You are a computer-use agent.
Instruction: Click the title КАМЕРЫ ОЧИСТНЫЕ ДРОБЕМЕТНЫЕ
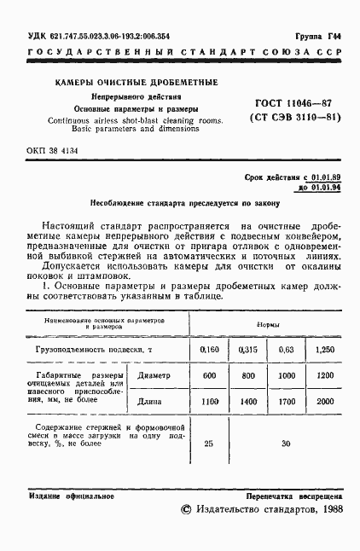point(136,82)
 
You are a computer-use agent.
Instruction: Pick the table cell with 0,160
point(209,350)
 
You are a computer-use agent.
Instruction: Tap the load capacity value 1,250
point(324,350)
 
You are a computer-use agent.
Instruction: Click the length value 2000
point(324,401)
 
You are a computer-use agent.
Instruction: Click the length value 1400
point(248,401)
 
